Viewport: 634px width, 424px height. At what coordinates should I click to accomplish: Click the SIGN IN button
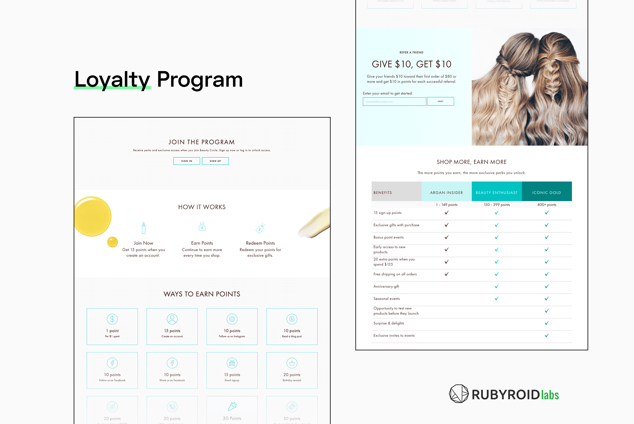(187, 161)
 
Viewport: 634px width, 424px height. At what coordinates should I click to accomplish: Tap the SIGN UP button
(215, 161)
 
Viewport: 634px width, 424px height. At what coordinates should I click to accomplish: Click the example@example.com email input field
(394, 102)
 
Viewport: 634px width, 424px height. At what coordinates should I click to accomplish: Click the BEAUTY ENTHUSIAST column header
(496, 192)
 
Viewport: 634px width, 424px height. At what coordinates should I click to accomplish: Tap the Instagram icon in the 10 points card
(232, 319)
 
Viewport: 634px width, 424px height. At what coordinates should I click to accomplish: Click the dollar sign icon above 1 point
(112, 319)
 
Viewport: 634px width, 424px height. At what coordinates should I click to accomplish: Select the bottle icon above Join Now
(144, 228)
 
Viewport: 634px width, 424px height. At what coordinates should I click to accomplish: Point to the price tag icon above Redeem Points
(260, 228)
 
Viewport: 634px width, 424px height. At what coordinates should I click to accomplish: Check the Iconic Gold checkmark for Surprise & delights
(547, 323)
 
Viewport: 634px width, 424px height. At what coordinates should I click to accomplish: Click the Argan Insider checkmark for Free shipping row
(447, 274)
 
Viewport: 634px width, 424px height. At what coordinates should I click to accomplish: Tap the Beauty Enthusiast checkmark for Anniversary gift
(497, 286)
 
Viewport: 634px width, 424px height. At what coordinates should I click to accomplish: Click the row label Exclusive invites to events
(394, 335)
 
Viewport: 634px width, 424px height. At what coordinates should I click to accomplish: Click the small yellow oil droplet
(112, 242)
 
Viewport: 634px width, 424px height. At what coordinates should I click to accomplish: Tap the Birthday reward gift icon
(292, 363)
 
